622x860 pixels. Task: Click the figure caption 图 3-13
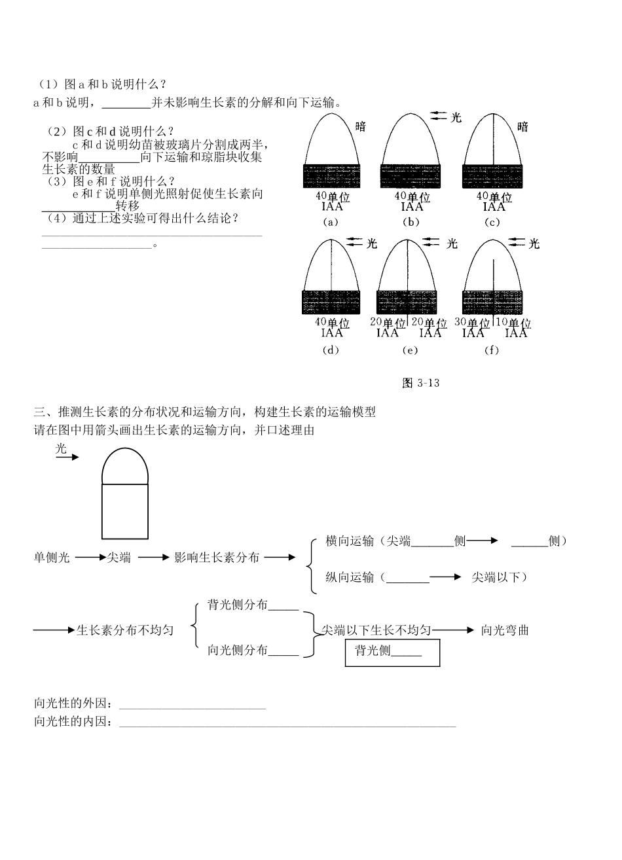[x=420, y=384]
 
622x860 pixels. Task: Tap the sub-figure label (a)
[x=331, y=222]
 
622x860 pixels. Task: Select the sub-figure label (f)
[x=491, y=350]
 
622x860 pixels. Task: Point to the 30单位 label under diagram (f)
[x=473, y=323]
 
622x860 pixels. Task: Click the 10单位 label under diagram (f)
[x=513, y=323]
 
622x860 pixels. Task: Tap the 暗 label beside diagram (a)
[x=361, y=126]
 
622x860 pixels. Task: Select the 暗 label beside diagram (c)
[x=522, y=126]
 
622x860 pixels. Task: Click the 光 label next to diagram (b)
[x=456, y=118]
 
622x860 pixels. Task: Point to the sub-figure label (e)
[x=411, y=350]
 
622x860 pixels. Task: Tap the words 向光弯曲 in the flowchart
[x=505, y=630]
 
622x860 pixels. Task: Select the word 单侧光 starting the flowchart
[x=52, y=558]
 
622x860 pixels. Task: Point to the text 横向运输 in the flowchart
[x=350, y=541]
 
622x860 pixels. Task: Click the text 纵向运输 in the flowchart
[x=350, y=577]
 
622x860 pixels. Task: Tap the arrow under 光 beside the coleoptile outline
[x=67, y=457]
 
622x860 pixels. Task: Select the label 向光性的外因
[x=72, y=704]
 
